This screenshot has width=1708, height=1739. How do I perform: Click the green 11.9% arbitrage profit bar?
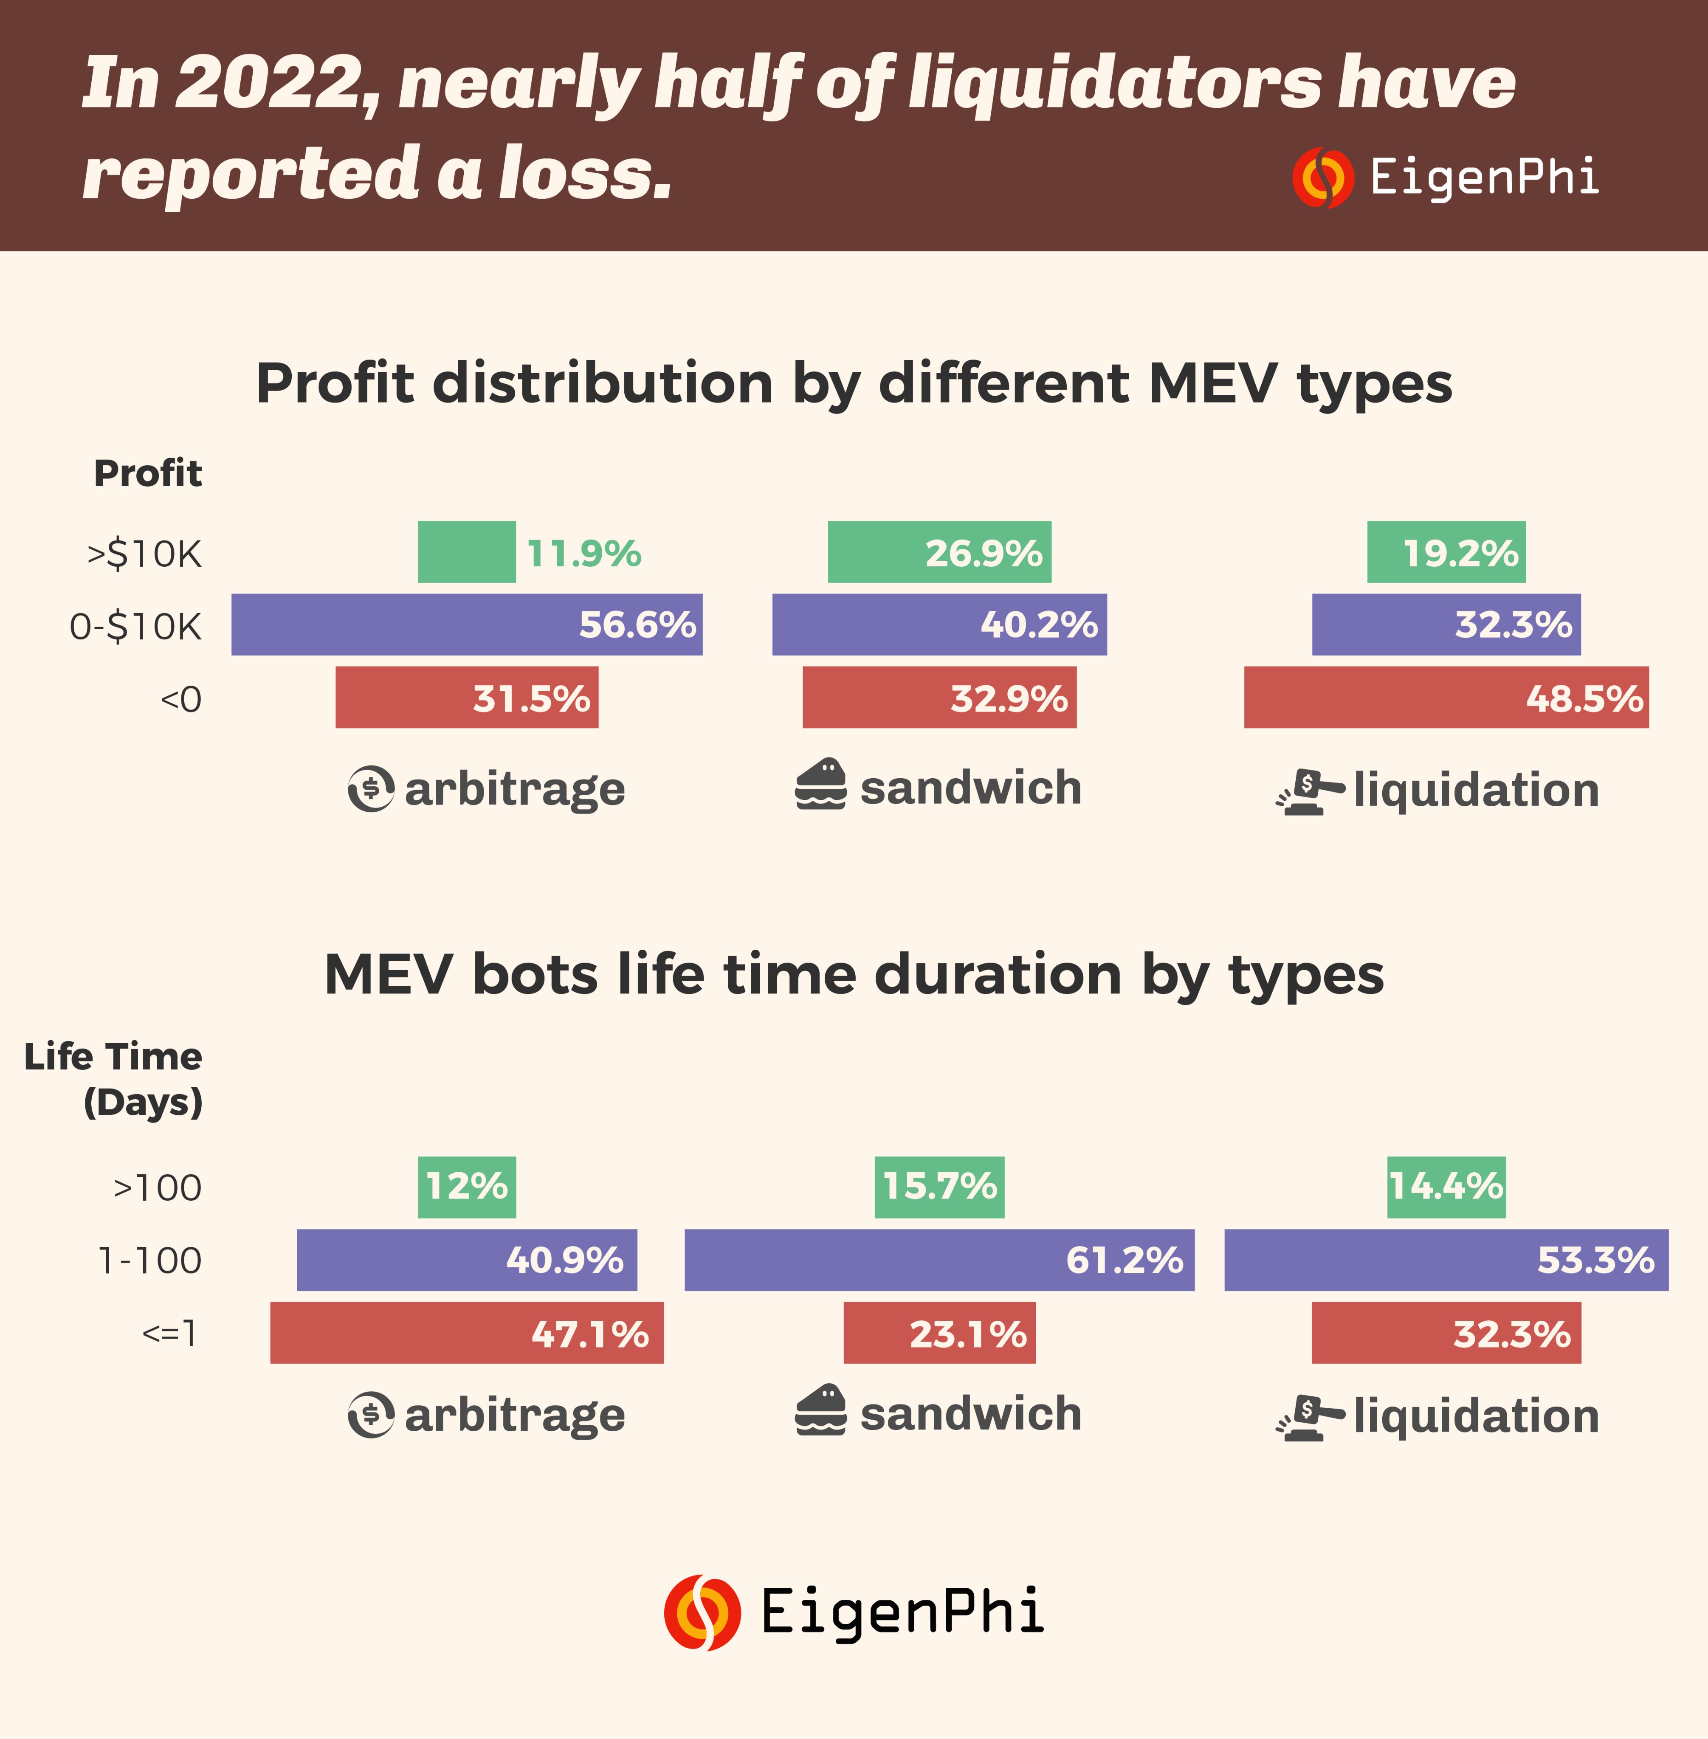click(x=466, y=552)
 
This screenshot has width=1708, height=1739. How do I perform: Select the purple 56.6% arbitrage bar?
click(x=466, y=624)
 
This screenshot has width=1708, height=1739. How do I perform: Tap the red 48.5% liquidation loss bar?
click(x=1446, y=697)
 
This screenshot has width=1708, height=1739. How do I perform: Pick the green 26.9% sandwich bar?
click(x=939, y=552)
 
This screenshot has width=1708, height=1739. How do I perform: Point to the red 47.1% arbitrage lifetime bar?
click(x=466, y=1333)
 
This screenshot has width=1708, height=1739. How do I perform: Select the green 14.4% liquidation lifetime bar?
click(x=1446, y=1187)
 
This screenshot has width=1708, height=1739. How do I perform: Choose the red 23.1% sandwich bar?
click(x=939, y=1333)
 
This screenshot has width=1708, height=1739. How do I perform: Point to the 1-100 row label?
click(x=150, y=1260)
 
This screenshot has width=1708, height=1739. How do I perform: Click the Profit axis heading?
click(x=148, y=473)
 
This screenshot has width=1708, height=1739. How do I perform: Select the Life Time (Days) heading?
click(x=114, y=1079)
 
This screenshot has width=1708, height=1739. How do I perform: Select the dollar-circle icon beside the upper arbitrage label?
click(x=370, y=788)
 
